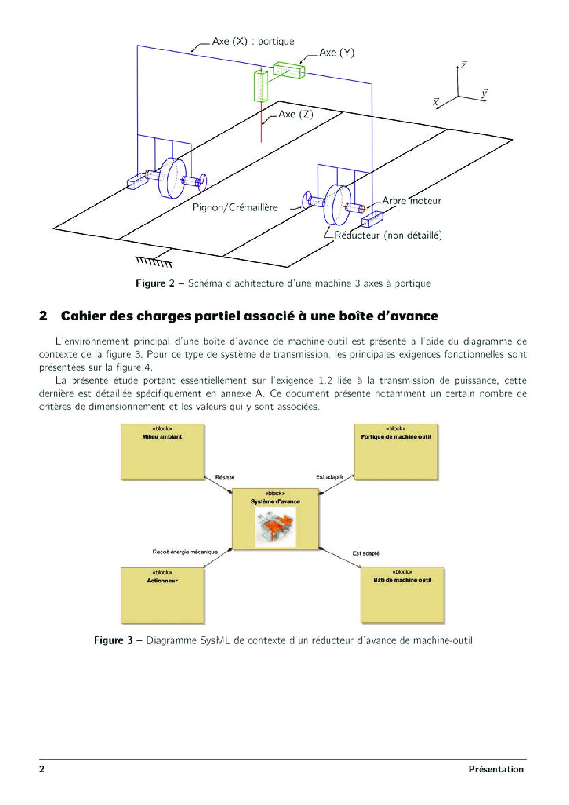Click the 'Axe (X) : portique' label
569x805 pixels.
tap(253, 41)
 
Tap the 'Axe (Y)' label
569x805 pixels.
tap(337, 53)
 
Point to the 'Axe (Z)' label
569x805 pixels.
tap(296, 114)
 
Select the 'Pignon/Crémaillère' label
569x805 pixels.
tap(235, 207)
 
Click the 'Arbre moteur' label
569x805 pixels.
tap(411, 201)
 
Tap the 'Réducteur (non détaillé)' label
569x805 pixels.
tap(388, 235)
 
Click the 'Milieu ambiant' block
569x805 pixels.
tap(162, 452)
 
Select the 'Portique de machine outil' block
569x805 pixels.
tap(396, 452)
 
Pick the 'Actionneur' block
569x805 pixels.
tap(162, 596)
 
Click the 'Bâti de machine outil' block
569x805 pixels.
tap(402, 595)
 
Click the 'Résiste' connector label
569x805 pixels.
tap(224, 477)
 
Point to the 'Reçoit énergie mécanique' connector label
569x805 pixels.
tap(185, 552)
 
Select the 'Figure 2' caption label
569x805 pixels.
tap(155, 283)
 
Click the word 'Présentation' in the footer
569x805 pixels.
tap(496, 769)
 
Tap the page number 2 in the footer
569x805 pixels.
tap(42, 769)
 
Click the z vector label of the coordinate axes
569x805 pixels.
tap(463, 66)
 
